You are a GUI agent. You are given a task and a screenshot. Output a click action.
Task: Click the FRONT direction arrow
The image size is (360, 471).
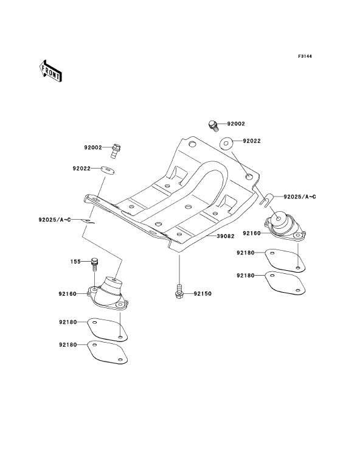point(50,71)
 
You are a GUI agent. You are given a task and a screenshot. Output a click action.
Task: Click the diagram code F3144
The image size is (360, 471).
point(305,56)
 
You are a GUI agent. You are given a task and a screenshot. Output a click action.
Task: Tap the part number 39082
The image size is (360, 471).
point(226,236)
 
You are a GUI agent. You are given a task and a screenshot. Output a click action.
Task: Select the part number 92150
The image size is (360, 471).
point(202,294)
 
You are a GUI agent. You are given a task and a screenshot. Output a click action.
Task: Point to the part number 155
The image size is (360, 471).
point(75,262)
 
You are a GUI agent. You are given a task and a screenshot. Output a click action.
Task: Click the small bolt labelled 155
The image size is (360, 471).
point(94,264)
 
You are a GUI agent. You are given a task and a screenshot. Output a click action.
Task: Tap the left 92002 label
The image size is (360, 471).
point(93,148)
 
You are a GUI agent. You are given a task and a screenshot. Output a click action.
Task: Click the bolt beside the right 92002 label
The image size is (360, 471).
point(213,125)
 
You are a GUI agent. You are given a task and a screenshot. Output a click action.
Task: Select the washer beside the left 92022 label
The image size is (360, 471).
point(107,169)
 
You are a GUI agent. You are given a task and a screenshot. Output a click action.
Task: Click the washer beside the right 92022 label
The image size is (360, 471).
point(226,142)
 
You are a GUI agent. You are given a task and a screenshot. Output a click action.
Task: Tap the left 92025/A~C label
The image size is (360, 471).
point(55,220)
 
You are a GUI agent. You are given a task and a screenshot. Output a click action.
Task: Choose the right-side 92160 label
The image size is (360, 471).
point(252,234)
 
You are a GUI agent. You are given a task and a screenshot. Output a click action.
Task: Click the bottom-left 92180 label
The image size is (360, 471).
point(68,345)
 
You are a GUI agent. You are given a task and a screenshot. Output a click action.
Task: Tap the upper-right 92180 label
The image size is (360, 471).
point(246,253)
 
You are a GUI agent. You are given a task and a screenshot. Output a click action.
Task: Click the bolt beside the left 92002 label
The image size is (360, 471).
point(116,151)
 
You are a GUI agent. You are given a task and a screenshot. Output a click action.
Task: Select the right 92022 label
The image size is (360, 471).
point(252,141)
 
